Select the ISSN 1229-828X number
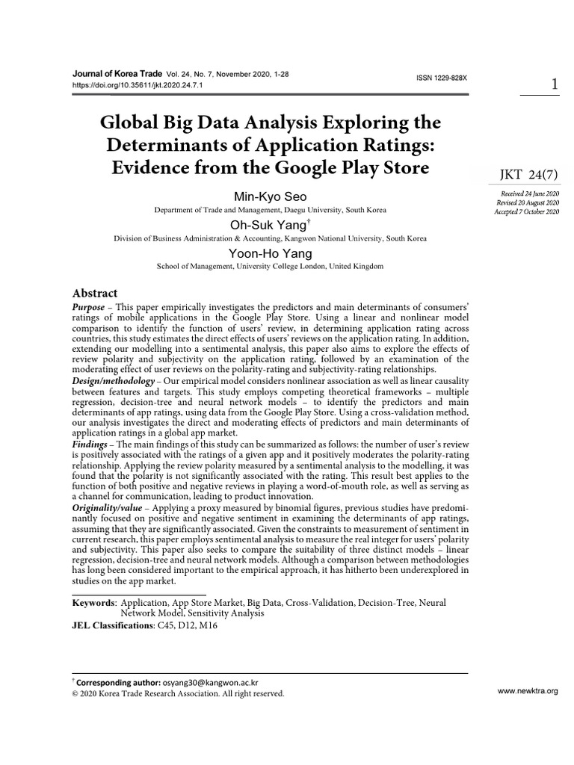coord(447,78)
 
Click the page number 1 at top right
coord(554,84)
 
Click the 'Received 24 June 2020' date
coord(528,193)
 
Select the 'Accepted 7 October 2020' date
coord(526,212)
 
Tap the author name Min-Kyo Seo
coord(270,198)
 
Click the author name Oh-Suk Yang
coord(270,226)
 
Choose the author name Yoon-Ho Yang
coord(270,253)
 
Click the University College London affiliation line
coord(270,266)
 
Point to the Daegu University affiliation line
coord(270,211)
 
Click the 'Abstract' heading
coord(94,293)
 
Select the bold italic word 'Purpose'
coord(89,308)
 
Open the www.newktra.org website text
coord(528,692)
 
